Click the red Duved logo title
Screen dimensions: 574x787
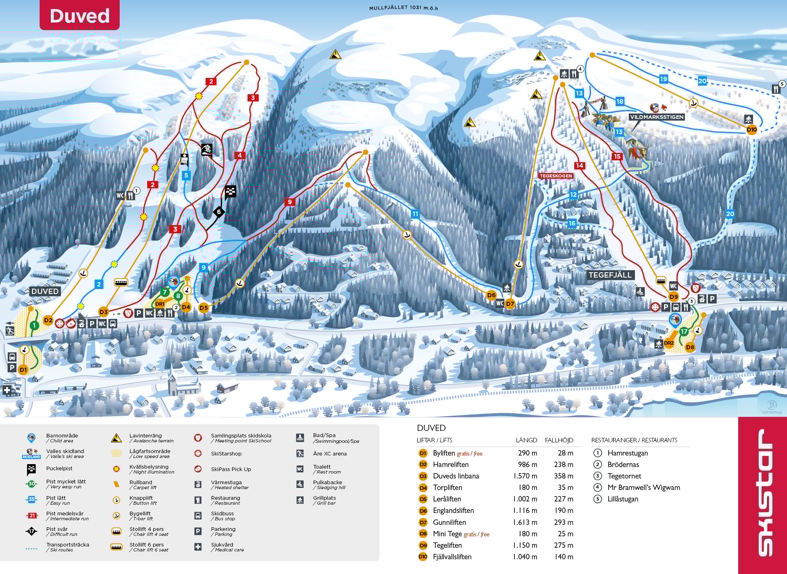[80, 16]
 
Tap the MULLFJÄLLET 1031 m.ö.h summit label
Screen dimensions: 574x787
[403, 8]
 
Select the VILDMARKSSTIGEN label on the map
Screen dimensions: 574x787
[657, 117]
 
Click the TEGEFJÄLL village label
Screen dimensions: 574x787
[610, 275]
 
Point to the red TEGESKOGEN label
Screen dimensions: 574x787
[555, 176]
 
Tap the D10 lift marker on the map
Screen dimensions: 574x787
[751, 130]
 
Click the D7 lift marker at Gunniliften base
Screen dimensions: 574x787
[510, 304]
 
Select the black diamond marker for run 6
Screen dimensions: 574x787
[219, 212]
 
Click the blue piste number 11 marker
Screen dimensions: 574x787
[415, 214]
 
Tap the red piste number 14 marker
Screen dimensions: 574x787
[579, 166]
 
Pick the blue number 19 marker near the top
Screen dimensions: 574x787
[663, 79]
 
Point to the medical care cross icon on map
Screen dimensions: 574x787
[7, 390]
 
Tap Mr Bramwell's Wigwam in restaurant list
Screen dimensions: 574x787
[644, 487]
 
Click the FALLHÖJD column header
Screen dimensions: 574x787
[559, 440]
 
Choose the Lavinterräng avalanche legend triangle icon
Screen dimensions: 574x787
[116, 438]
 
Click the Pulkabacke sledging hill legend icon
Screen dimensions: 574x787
[300, 485]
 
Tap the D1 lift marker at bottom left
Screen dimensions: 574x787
[23, 370]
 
